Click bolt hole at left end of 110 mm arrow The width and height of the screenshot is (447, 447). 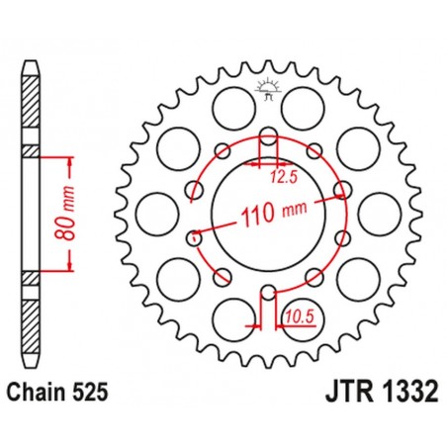point(194,235)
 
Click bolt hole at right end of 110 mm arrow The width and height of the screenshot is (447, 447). point(341,188)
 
